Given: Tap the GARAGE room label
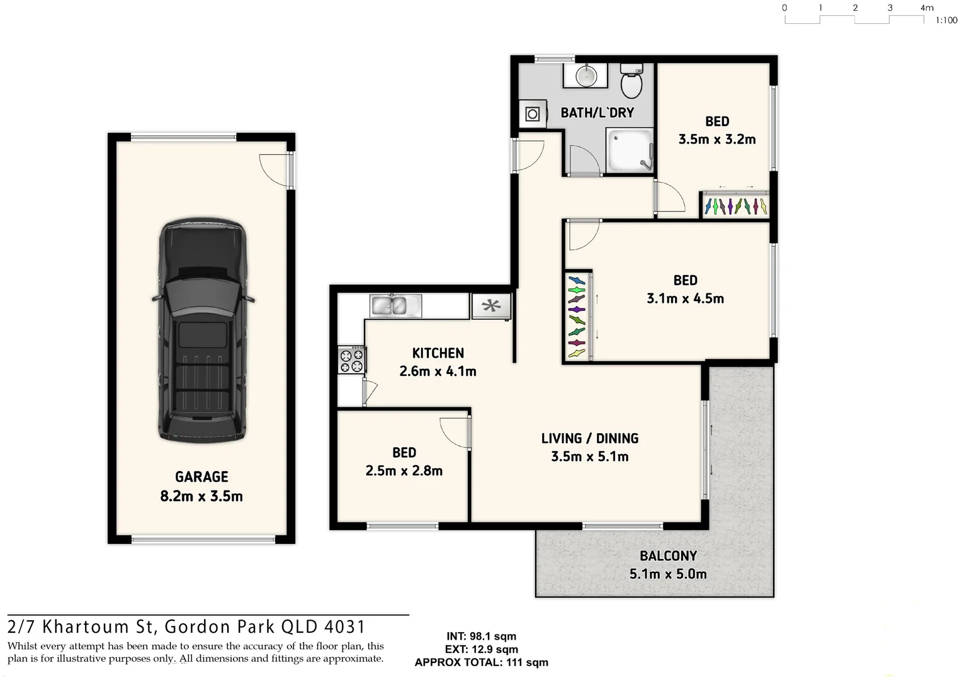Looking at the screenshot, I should [201, 477].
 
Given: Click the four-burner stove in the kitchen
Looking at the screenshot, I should [352, 360].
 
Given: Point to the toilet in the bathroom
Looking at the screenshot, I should [631, 81].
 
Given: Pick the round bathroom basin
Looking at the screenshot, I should [586, 76].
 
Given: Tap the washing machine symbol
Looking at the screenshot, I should [533, 114].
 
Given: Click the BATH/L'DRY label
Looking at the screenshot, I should [597, 113].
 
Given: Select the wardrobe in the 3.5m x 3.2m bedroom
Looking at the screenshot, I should [735, 205].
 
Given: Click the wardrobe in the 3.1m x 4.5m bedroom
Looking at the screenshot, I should [577, 316].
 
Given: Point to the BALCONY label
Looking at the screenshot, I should [668, 556].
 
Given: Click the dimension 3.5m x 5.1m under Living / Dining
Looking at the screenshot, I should [589, 456].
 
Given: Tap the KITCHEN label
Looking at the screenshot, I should [438, 353].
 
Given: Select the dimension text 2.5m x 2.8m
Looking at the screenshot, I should [404, 470].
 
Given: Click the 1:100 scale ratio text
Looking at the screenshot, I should [946, 21].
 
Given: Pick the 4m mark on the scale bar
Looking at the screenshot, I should [927, 8].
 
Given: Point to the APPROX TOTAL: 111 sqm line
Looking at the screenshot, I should [481, 662].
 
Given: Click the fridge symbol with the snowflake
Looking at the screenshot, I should [491, 306].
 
